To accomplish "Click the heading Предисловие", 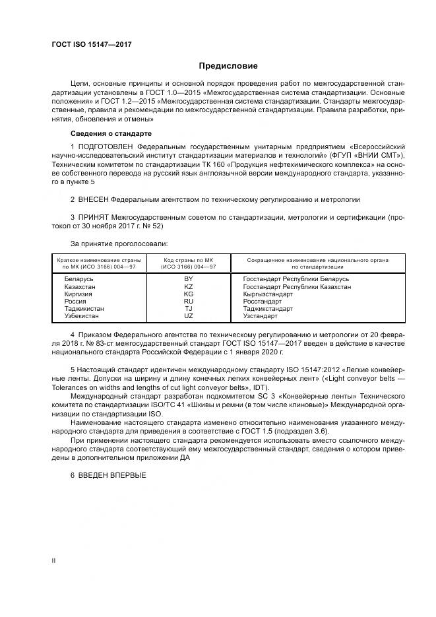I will click(229, 66).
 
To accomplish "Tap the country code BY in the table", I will click(188, 279).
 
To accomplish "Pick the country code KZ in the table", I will click(188, 286).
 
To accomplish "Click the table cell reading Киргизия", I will click(78, 294).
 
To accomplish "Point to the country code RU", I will click(188, 301).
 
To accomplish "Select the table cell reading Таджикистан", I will click(84, 308).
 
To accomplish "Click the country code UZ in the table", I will click(188, 316).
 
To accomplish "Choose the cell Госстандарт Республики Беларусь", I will click(296, 279).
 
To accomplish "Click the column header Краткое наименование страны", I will click(96, 260).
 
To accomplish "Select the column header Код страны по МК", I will click(188, 260).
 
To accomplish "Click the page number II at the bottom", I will click(53, 560).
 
